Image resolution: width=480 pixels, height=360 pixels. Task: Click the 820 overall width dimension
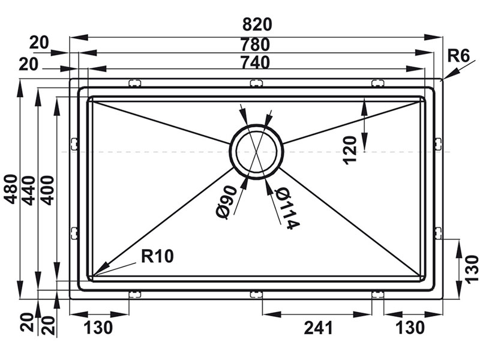(257, 25)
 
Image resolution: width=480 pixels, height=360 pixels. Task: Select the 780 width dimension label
(256, 44)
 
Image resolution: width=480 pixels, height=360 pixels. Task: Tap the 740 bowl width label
(256, 62)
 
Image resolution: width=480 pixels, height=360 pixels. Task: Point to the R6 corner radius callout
(458, 56)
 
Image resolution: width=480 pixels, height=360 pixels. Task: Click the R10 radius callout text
(157, 256)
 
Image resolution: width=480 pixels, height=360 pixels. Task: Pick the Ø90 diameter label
(227, 202)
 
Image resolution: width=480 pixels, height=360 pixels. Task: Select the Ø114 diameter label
(286, 209)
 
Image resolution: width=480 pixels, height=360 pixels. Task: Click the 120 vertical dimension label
(350, 151)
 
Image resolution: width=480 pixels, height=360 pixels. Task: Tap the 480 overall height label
(12, 189)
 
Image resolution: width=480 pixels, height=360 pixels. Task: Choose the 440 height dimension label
(29, 190)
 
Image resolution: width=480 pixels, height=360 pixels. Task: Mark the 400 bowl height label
(47, 190)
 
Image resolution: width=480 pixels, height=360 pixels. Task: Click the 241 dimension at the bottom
(319, 328)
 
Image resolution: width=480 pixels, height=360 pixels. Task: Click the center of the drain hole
(257, 152)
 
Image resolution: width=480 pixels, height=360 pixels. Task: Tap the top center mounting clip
(257, 83)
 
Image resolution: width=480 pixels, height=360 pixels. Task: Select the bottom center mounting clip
(257, 294)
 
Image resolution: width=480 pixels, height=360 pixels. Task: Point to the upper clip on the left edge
(74, 144)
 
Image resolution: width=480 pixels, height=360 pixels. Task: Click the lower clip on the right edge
(438, 233)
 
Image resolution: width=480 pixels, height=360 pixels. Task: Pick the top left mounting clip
(134, 83)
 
